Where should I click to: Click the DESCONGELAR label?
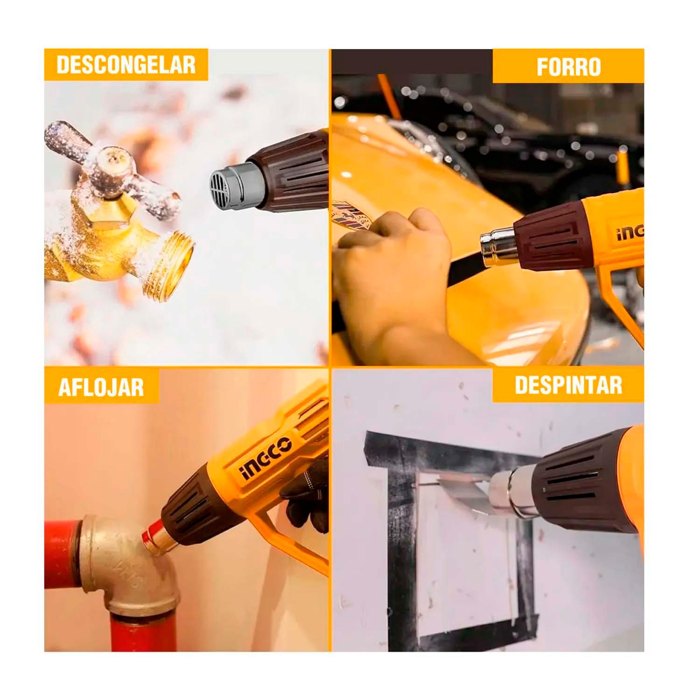[x=126, y=64]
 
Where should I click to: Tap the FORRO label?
[x=568, y=67]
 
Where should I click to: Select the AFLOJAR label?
[x=101, y=387]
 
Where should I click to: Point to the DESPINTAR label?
[x=568, y=385]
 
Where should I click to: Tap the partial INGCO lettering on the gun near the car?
[x=630, y=231]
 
